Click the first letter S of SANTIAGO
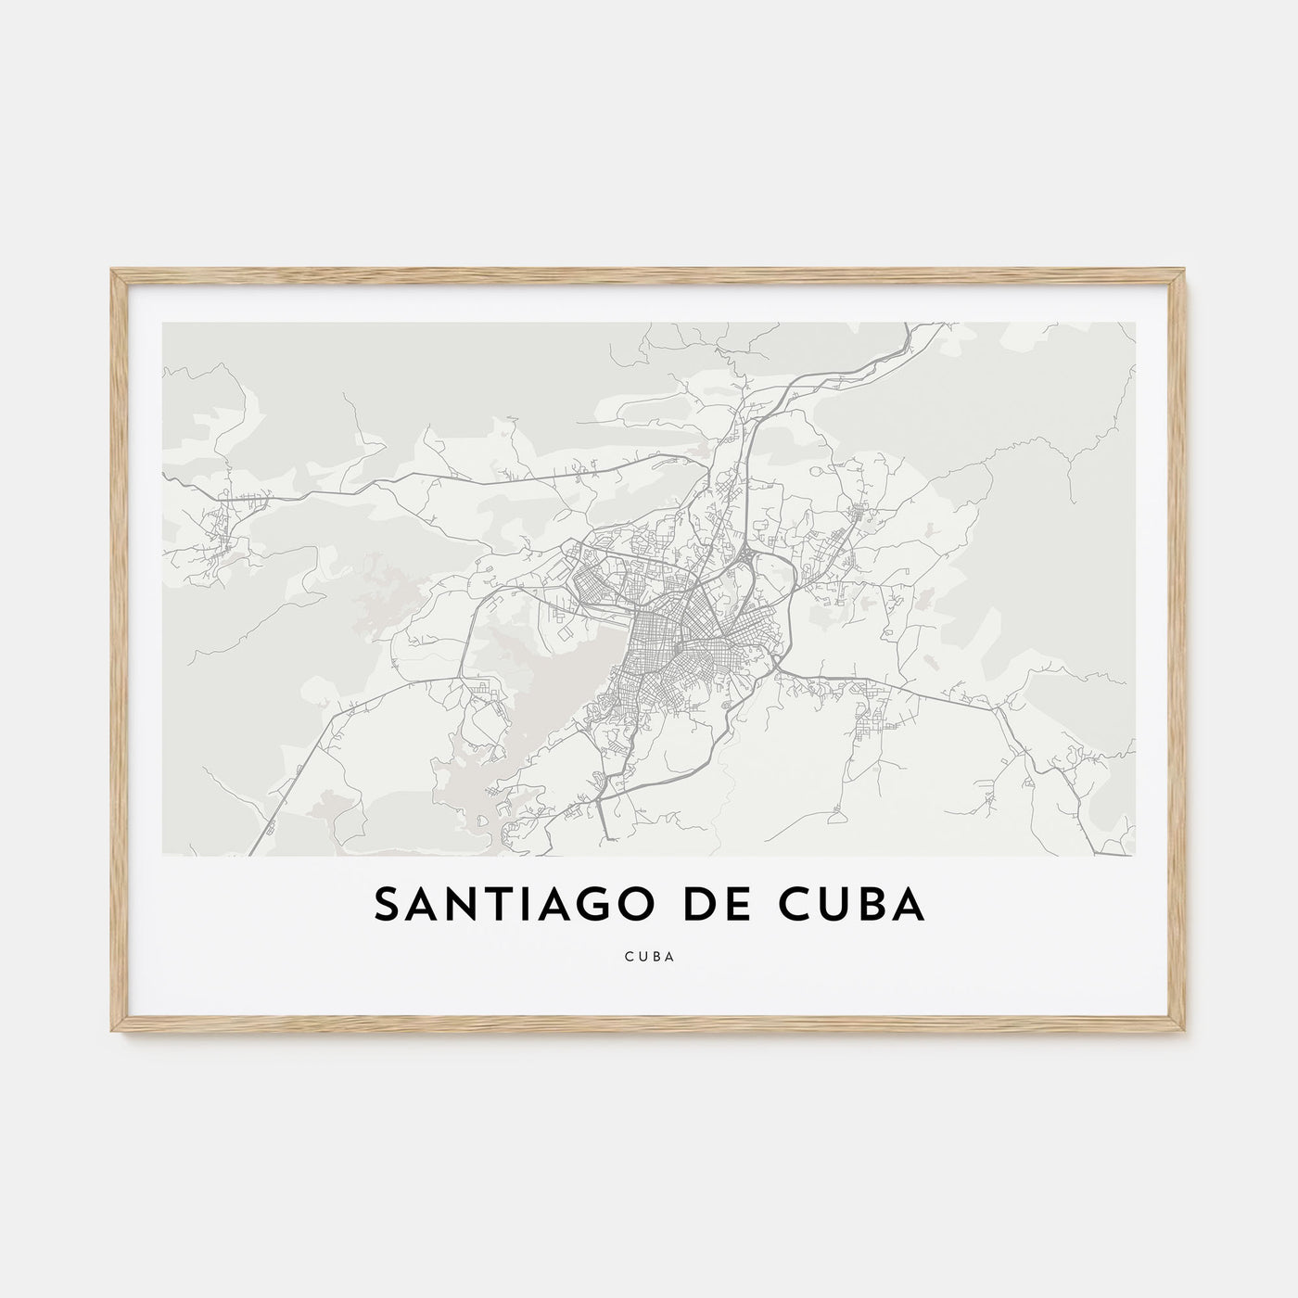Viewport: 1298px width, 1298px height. click(386, 906)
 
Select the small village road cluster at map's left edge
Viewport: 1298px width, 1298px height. click(223, 519)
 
